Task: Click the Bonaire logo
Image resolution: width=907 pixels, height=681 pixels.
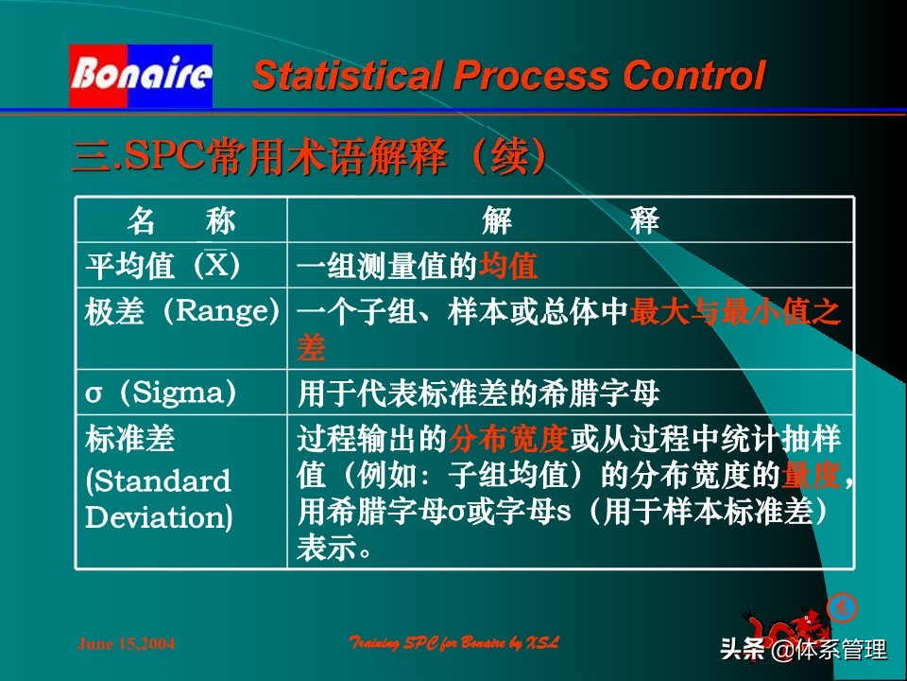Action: (x=140, y=75)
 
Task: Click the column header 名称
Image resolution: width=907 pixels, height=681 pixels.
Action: (x=181, y=221)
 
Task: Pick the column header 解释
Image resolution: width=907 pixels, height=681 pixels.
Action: (x=570, y=221)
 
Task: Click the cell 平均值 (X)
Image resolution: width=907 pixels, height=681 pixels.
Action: (x=163, y=266)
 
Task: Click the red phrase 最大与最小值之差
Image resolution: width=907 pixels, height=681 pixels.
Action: (x=734, y=312)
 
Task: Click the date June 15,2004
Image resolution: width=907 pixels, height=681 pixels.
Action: (x=126, y=644)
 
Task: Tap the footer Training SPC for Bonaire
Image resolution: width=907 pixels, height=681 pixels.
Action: (x=454, y=643)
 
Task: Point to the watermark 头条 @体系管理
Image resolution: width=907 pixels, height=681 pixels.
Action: (x=803, y=650)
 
